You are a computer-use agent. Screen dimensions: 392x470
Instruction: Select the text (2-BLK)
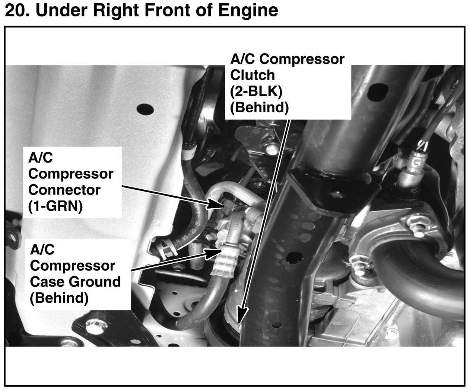pyautogui.click(x=253, y=91)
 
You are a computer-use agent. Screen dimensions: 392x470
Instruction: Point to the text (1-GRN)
pyautogui.click(x=55, y=206)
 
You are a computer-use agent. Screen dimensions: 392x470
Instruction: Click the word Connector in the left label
pyautogui.click(x=64, y=190)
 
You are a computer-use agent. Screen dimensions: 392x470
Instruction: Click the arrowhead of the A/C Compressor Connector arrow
pyautogui.click(x=216, y=204)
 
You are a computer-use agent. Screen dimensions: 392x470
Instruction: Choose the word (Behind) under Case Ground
pyautogui.click(x=59, y=298)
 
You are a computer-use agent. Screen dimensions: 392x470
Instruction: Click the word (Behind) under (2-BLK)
pyautogui.click(x=259, y=107)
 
